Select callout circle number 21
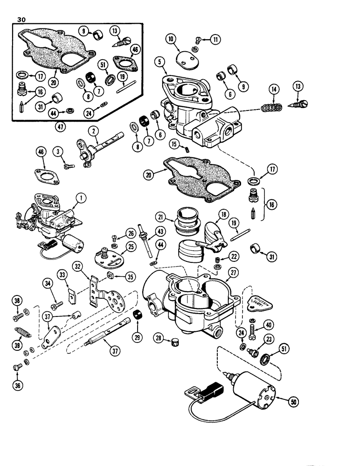click(x=160, y=217)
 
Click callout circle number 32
click(x=77, y=267)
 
